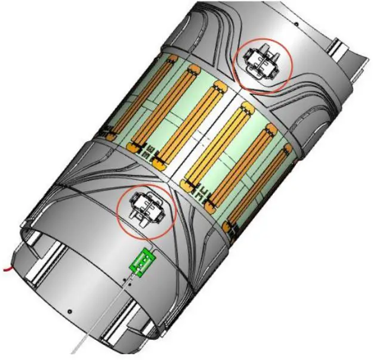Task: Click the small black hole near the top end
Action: tap(296, 25)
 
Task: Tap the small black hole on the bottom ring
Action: tap(70, 311)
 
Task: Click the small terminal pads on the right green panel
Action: tap(206, 192)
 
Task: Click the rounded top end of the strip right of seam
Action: tap(244, 108)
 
